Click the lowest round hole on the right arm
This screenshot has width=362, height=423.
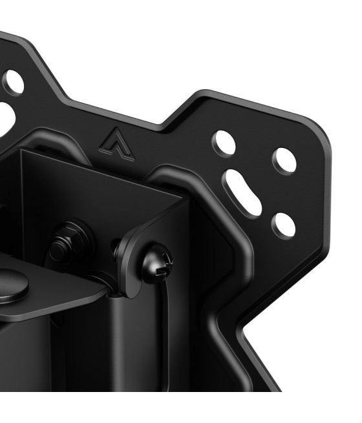pyautogui.click(x=281, y=223)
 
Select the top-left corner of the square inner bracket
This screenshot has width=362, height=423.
pyautogui.click(x=21, y=152)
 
